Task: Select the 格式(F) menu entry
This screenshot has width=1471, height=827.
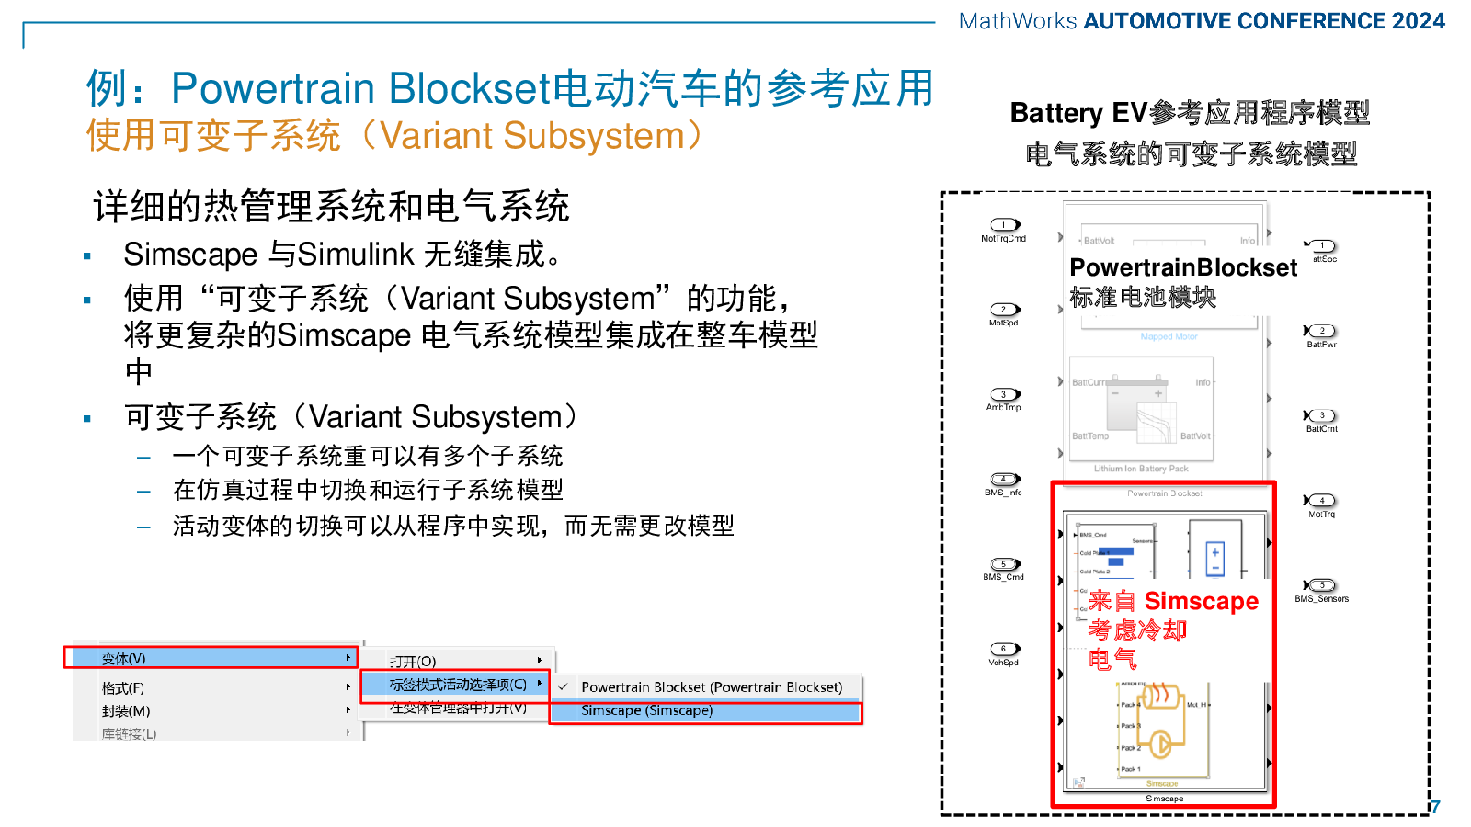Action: point(123,687)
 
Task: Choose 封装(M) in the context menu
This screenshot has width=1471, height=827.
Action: point(126,710)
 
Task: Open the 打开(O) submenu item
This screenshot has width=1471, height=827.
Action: point(413,661)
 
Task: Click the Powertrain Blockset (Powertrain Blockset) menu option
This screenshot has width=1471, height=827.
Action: point(711,686)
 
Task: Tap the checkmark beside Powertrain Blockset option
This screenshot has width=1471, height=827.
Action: point(563,686)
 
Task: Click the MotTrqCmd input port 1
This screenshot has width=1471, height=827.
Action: point(1005,225)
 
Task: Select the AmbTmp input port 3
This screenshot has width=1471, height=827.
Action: point(1005,394)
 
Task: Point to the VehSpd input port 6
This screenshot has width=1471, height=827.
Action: point(1005,649)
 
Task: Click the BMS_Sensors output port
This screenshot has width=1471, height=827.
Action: point(1321,585)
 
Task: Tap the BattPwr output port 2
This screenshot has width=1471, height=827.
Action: point(1321,331)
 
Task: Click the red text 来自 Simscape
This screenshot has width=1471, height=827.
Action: point(1173,601)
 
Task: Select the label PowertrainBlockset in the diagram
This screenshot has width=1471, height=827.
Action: point(1183,267)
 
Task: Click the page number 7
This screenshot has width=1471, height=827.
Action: point(1435,807)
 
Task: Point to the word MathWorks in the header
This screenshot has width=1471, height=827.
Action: point(1017,21)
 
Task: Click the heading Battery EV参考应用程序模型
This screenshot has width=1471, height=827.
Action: point(1190,113)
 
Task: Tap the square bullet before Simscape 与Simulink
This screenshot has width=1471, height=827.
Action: point(87,256)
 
